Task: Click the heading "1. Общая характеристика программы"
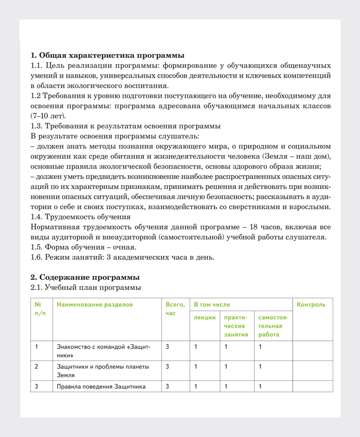pos(107,55)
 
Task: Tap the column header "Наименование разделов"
pos(95,305)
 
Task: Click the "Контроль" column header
pos(311,305)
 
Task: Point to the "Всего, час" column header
pos(175,309)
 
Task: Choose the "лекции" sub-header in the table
pos(205,317)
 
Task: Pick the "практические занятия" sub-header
pos(236,326)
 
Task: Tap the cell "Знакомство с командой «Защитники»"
pos(103,351)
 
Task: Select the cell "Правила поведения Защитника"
pos(101,387)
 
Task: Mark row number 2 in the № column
pos(37,366)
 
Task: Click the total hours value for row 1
pos(167,347)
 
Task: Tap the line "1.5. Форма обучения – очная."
pos(83,247)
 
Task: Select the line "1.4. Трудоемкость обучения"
pos(80,216)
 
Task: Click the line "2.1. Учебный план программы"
pos(86,288)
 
